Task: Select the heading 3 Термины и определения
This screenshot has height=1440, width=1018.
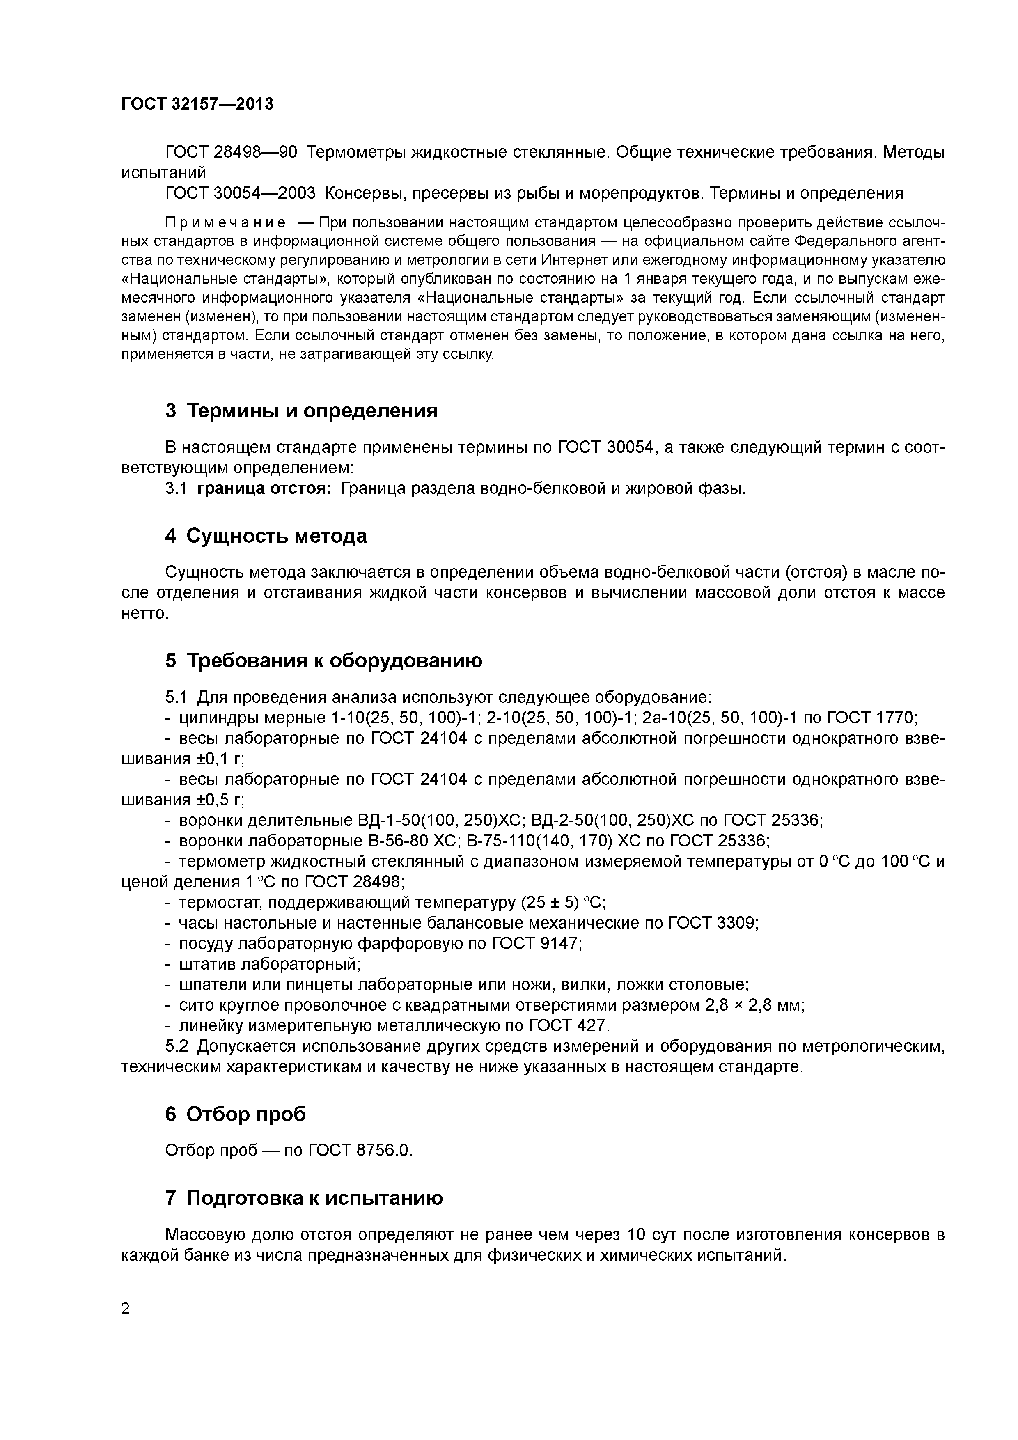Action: coord(301,411)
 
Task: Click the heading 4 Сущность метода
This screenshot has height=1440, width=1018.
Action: coord(266,536)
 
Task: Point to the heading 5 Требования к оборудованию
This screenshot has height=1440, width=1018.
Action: coord(323,660)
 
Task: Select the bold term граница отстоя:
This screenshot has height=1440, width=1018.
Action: coord(264,488)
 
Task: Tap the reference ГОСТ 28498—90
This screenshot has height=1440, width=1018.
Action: coord(231,152)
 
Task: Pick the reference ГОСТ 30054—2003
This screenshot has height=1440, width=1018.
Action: coord(240,193)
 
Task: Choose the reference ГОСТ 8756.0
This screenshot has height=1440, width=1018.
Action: coord(360,1150)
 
